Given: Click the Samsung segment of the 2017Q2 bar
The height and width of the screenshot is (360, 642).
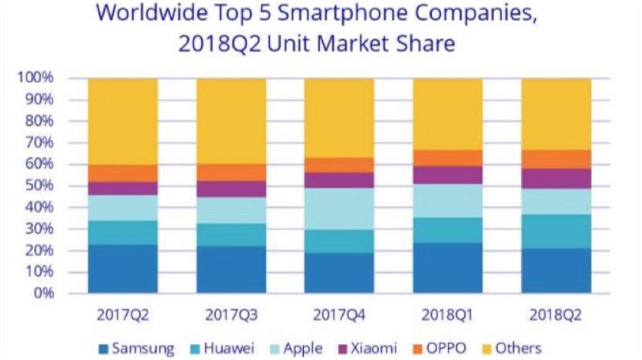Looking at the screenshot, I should tap(123, 269).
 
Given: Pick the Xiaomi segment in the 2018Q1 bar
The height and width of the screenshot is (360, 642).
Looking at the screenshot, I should tap(447, 175).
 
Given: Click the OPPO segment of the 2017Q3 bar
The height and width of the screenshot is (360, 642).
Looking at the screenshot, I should tap(231, 172).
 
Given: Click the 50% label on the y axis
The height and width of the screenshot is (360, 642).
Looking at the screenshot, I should tap(38, 185).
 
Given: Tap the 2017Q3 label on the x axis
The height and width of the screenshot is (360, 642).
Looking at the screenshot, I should tap(231, 313).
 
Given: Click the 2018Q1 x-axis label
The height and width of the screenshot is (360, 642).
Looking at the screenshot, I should tap(447, 313).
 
